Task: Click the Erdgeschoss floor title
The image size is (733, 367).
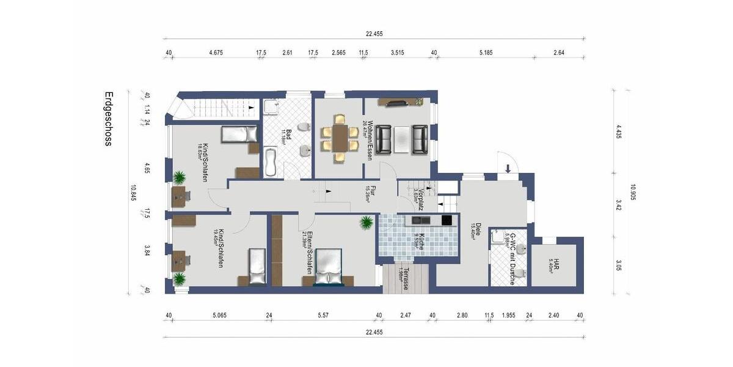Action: (x=108, y=119)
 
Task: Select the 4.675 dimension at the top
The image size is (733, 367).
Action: (x=216, y=53)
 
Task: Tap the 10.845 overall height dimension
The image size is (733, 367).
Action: (x=133, y=193)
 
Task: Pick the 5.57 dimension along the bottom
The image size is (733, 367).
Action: (x=324, y=315)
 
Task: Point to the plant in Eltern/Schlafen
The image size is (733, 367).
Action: (x=366, y=222)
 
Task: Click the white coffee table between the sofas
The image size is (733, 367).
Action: (x=401, y=139)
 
